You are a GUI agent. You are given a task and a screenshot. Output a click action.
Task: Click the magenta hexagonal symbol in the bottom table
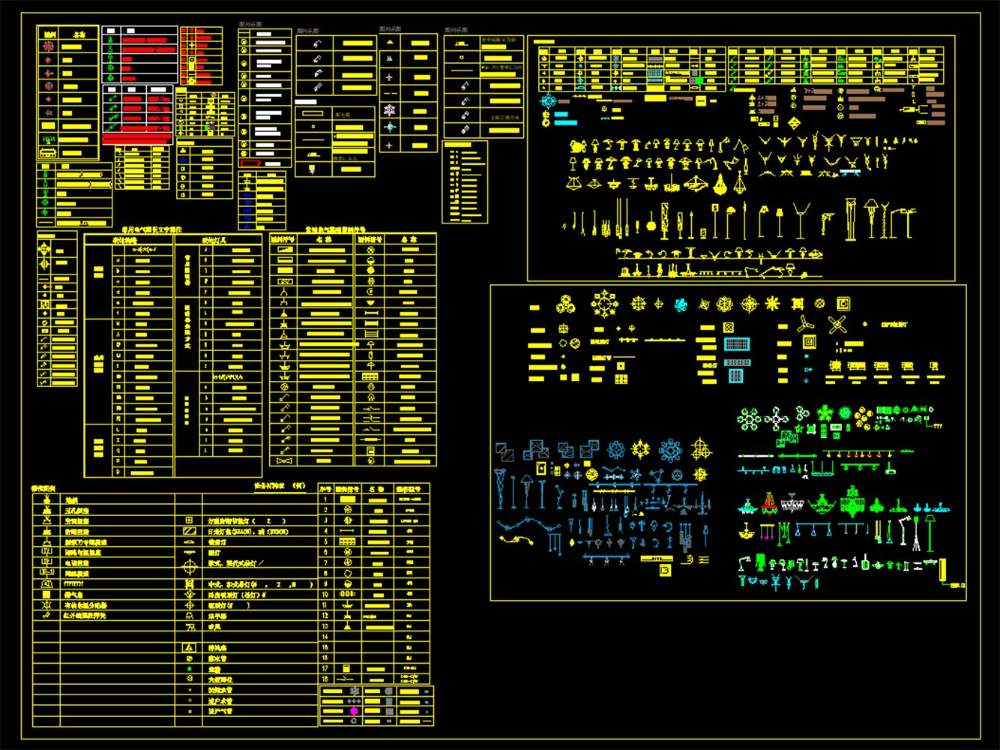click(x=353, y=711)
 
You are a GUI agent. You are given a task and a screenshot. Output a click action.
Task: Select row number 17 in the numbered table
click(x=325, y=668)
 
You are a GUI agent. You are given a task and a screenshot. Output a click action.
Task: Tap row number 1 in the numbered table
click(x=325, y=499)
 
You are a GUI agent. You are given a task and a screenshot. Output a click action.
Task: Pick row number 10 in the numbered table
click(x=325, y=594)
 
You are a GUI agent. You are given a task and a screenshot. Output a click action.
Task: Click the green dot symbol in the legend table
click(x=189, y=669)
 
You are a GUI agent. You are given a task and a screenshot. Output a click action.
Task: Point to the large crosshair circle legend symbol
click(x=189, y=568)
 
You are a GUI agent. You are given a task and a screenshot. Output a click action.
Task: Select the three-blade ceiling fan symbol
click(x=805, y=324)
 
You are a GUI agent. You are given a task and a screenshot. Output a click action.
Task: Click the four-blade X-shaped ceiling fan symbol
click(x=837, y=324)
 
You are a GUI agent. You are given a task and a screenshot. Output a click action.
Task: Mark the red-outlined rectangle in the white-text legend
click(x=250, y=163)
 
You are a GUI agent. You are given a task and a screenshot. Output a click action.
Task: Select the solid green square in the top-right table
click(x=699, y=79)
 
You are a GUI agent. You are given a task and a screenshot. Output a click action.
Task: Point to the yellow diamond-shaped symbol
click(x=794, y=123)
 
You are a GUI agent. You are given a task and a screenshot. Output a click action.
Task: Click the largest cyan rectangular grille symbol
click(x=737, y=344)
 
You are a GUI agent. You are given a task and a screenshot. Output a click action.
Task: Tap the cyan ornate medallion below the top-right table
click(x=549, y=101)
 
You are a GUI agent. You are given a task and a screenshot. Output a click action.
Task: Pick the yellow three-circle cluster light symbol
click(x=566, y=304)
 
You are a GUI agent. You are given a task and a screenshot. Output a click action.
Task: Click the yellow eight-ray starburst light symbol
click(x=772, y=304)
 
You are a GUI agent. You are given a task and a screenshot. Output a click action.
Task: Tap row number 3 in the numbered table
click(x=325, y=520)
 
